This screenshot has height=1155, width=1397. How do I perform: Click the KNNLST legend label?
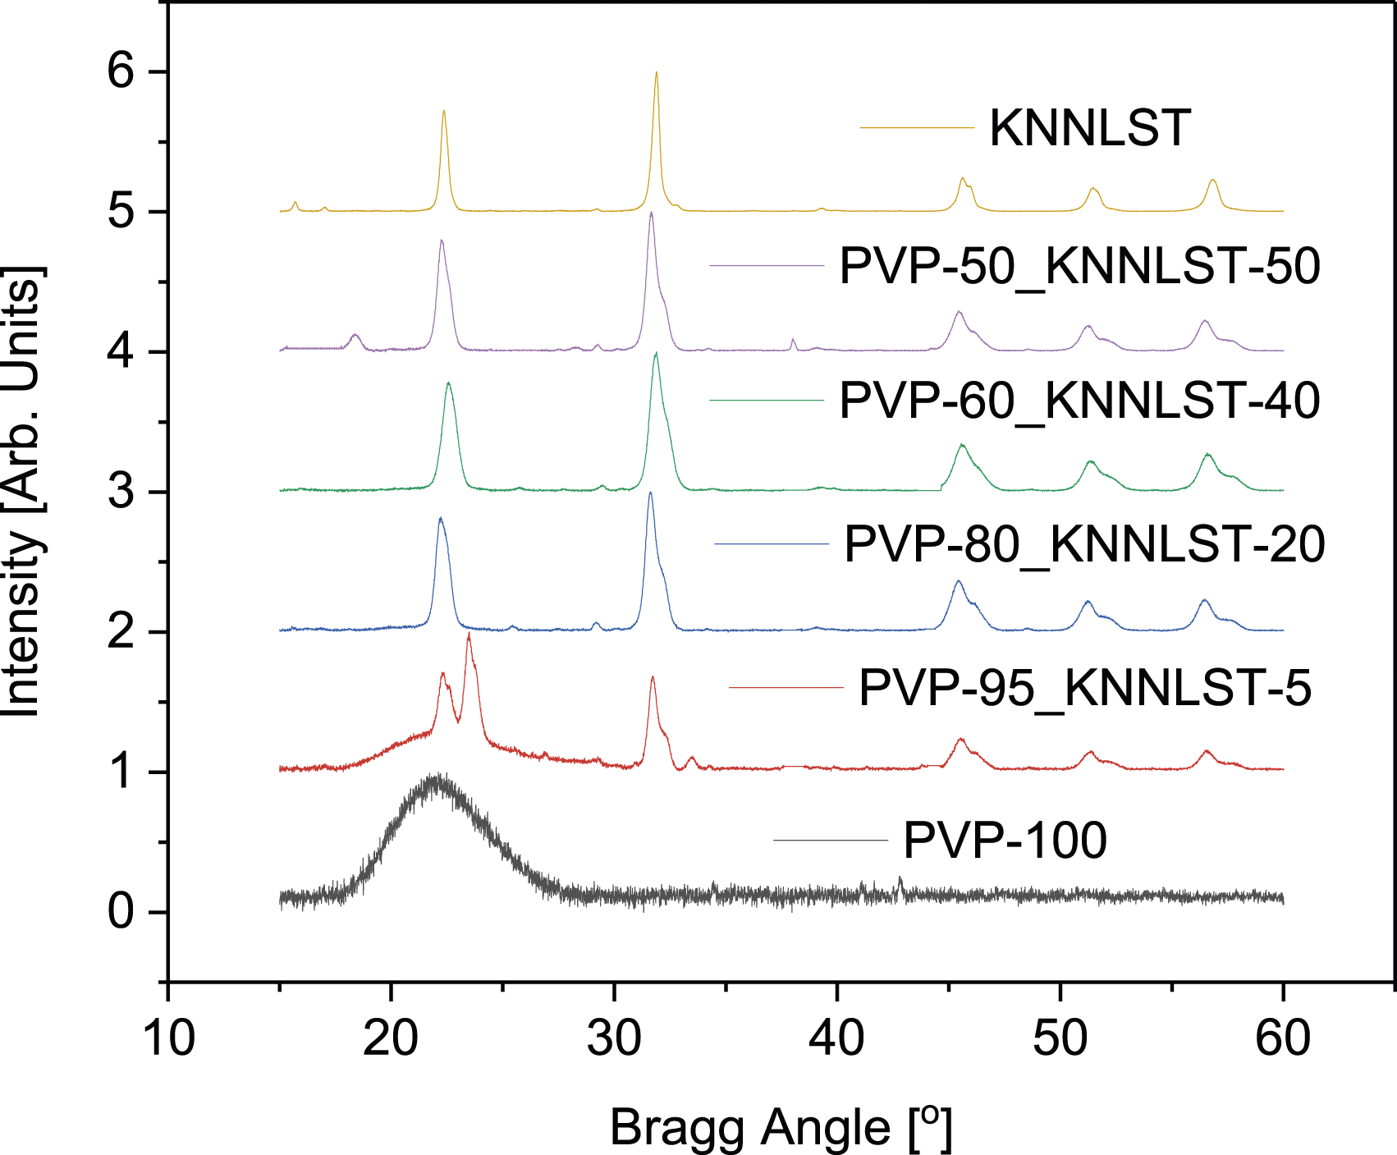(x=1090, y=128)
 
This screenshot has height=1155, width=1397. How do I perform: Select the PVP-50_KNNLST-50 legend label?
(x=1079, y=266)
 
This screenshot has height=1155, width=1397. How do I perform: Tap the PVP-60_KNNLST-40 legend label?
(x=1079, y=401)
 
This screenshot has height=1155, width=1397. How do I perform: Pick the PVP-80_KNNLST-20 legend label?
(x=1084, y=544)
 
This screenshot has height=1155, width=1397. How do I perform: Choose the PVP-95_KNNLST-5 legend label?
(x=1085, y=687)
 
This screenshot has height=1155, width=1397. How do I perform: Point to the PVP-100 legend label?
(x=1005, y=840)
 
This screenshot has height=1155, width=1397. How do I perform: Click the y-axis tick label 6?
(x=120, y=71)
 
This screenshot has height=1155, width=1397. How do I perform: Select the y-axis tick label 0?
(x=120, y=912)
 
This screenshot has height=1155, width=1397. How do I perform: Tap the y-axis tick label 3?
(x=120, y=492)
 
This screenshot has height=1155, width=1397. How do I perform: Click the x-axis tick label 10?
(x=168, y=1038)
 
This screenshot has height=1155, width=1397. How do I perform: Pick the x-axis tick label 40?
(x=837, y=1038)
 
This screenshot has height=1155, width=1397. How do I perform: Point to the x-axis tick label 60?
(x=1283, y=1038)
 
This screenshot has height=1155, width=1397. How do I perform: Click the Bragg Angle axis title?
(x=781, y=1128)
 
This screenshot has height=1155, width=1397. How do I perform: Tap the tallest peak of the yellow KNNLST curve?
(x=657, y=73)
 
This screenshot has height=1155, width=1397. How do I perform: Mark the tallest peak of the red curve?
(x=469, y=634)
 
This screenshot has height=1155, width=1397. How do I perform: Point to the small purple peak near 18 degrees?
(x=355, y=335)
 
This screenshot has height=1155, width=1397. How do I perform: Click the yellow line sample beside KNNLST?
(x=917, y=128)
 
